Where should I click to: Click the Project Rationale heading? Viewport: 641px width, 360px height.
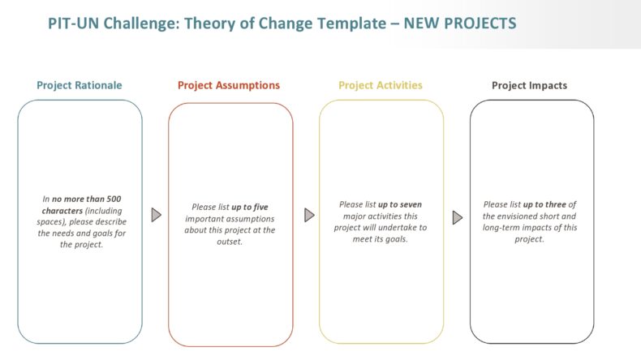pos(79,85)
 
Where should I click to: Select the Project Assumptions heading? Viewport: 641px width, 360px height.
pos(229,85)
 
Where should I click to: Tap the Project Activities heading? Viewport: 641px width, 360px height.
pos(380,85)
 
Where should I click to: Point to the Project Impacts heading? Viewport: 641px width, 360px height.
pos(529,85)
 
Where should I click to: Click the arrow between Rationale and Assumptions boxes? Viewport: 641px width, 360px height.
pos(157,215)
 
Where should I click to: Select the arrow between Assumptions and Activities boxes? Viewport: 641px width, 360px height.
pos(309,215)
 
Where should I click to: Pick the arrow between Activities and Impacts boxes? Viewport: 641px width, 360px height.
pos(458,216)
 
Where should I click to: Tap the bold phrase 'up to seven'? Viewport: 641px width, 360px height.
pos(400,204)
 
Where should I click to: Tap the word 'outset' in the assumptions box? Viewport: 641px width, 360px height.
pos(230,241)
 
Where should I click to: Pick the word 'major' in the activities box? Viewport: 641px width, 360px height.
pos(353,216)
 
